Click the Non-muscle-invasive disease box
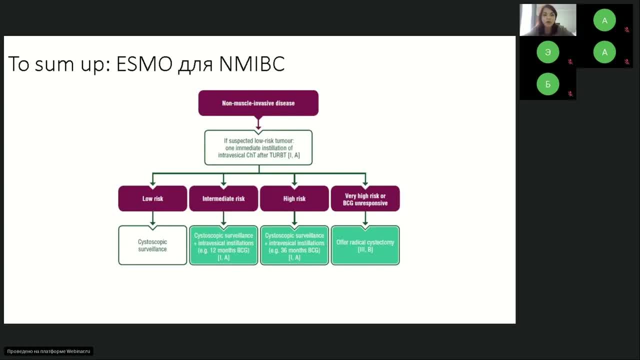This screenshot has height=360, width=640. click(x=258, y=103)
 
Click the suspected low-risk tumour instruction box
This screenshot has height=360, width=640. click(x=258, y=147)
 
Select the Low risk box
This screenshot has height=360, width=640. click(x=152, y=198)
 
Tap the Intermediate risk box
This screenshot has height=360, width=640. click(x=223, y=198)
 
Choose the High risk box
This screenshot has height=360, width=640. click(x=294, y=198)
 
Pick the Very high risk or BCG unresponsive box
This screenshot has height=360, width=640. click(x=365, y=199)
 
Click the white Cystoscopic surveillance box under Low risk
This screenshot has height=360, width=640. click(x=152, y=245)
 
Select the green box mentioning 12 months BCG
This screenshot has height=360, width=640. click(x=223, y=245)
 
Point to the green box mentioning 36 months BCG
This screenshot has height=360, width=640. click(x=294, y=245)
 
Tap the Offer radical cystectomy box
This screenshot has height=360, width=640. click(x=365, y=245)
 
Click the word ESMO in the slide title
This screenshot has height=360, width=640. click(x=144, y=64)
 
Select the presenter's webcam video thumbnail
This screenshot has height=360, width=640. click(x=547, y=20)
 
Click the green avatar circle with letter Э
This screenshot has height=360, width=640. click(x=547, y=52)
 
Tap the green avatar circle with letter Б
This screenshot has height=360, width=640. click(x=547, y=84)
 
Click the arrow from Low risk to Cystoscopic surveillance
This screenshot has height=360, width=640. click(x=152, y=218)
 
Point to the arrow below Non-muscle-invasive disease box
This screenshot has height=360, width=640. click(x=258, y=123)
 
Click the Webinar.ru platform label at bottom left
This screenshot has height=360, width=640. click(x=48, y=351)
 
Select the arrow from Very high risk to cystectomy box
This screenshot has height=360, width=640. click(x=365, y=218)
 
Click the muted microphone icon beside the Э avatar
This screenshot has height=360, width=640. click(x=570, y=62)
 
